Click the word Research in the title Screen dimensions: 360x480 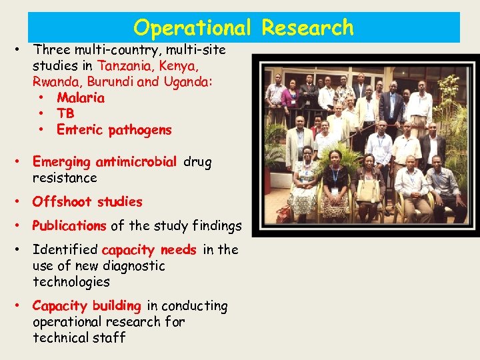coord(307,27)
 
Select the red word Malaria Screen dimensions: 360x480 coord(81,98)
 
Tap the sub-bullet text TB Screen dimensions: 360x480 coord(65,114)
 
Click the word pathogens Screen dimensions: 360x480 coord(140,130)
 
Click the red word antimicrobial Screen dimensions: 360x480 coord(136,162)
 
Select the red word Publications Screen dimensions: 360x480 coord(69,226)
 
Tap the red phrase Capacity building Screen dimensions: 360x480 coord(87,306)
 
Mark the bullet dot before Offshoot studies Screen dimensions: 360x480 coord(22,201)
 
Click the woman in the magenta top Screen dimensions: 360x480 coord(290,100)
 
